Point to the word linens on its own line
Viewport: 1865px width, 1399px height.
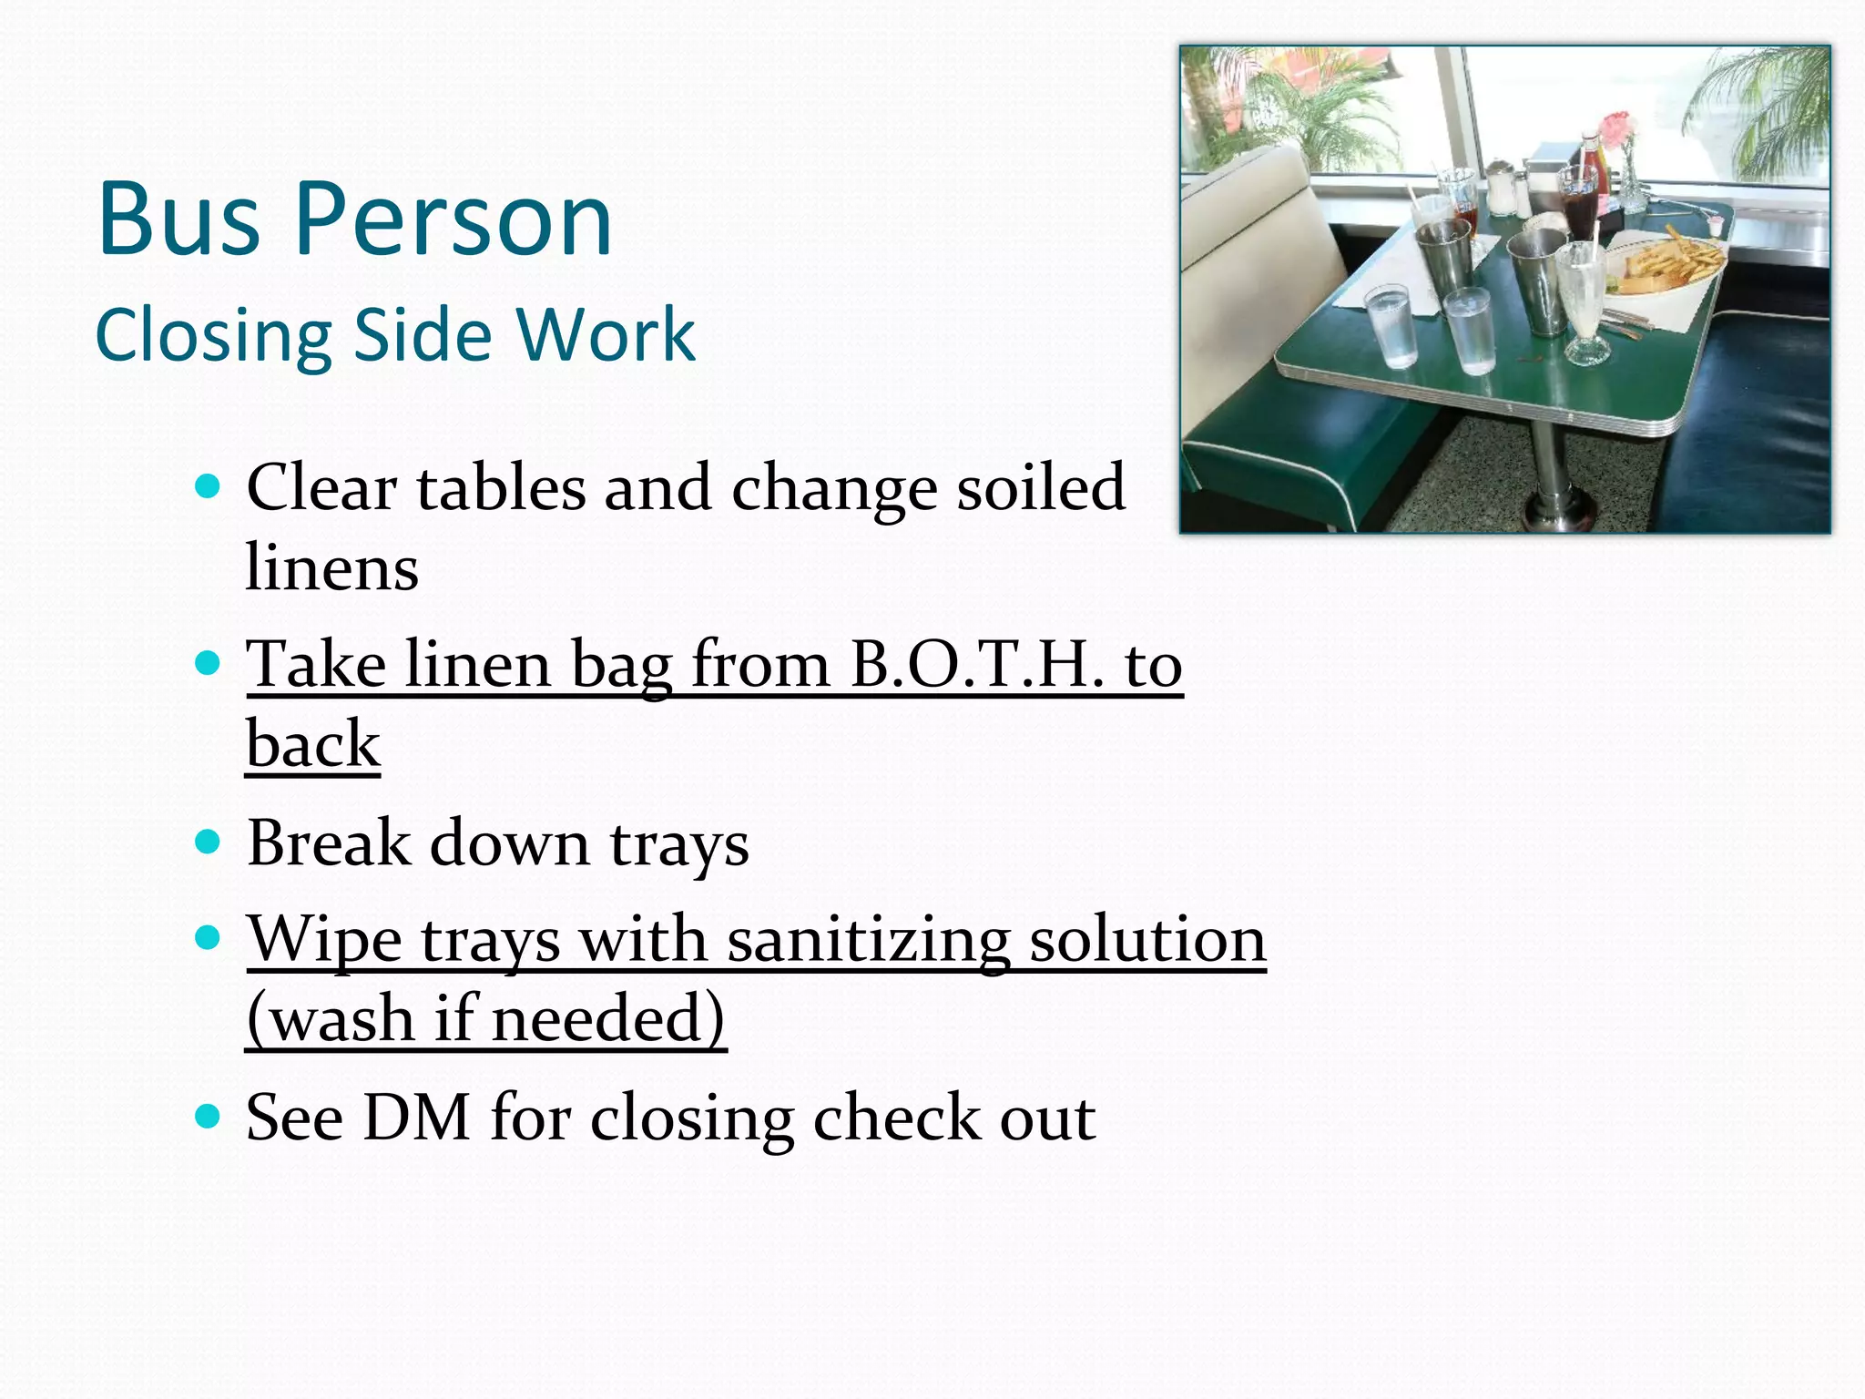pos(332,567)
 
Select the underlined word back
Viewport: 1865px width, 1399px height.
pos(312,745)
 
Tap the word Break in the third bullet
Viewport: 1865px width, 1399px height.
pos(329,843)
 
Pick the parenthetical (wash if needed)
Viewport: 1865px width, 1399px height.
pos(485,1019)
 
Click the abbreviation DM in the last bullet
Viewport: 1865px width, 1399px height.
pos(416,1118)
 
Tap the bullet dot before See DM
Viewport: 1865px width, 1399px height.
pos(209,1115)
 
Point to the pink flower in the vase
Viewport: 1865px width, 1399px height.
pos(1615,126)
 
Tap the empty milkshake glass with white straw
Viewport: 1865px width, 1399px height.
pos(1583,301)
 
